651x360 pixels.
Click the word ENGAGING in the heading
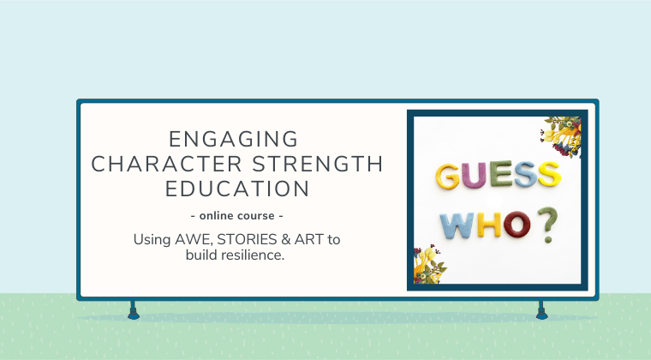pos(234,139)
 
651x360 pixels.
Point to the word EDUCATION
pos(236,189)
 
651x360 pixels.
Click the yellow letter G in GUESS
pos(450,176)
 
